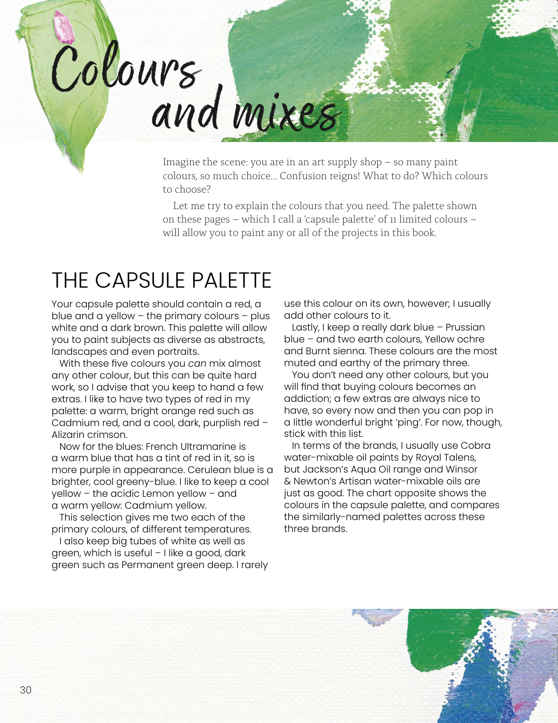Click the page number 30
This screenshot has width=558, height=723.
tap(26, 690)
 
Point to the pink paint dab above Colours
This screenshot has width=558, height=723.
tap(64, 27)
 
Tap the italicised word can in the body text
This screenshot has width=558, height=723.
tap(197, 364)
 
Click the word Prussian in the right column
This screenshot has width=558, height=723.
tap(465, 327)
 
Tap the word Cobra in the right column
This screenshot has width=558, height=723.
tap(475, 446)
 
